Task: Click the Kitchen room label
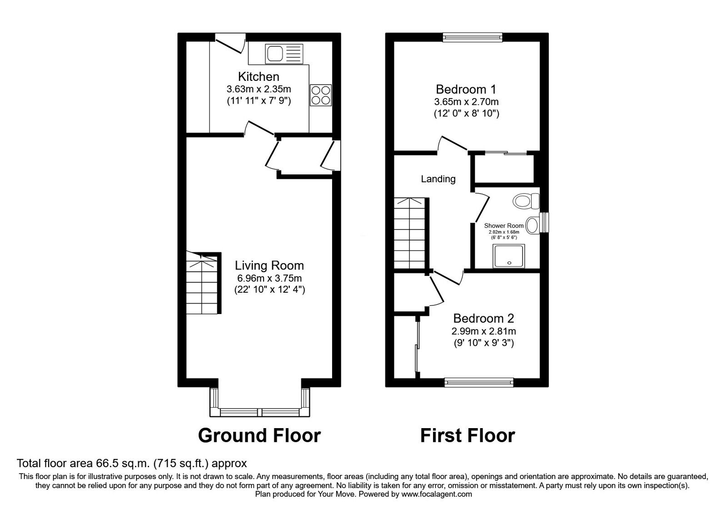point(259,76)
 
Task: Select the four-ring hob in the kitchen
point(320,95)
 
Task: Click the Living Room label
point(269,265)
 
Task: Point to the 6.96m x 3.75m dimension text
point(269,278)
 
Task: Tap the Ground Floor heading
point(259,435)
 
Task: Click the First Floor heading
point(468,435)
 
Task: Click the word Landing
point(438,179)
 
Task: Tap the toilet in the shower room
point(526,200)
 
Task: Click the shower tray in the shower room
point(509,256)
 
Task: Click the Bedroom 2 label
point(483,319)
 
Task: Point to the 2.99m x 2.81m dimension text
point(483,331)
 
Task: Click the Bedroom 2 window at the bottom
point(479,383)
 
